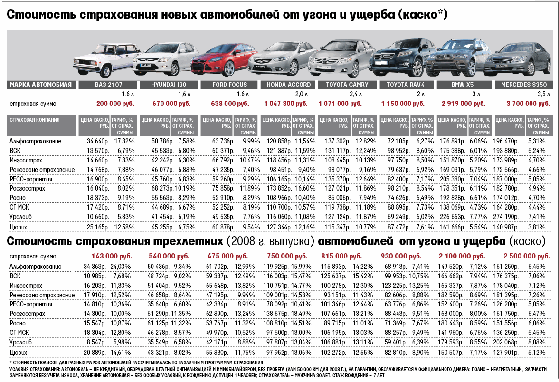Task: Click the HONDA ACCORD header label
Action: point(289,85)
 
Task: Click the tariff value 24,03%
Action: point(120,266)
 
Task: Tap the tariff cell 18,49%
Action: point(302,314)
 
